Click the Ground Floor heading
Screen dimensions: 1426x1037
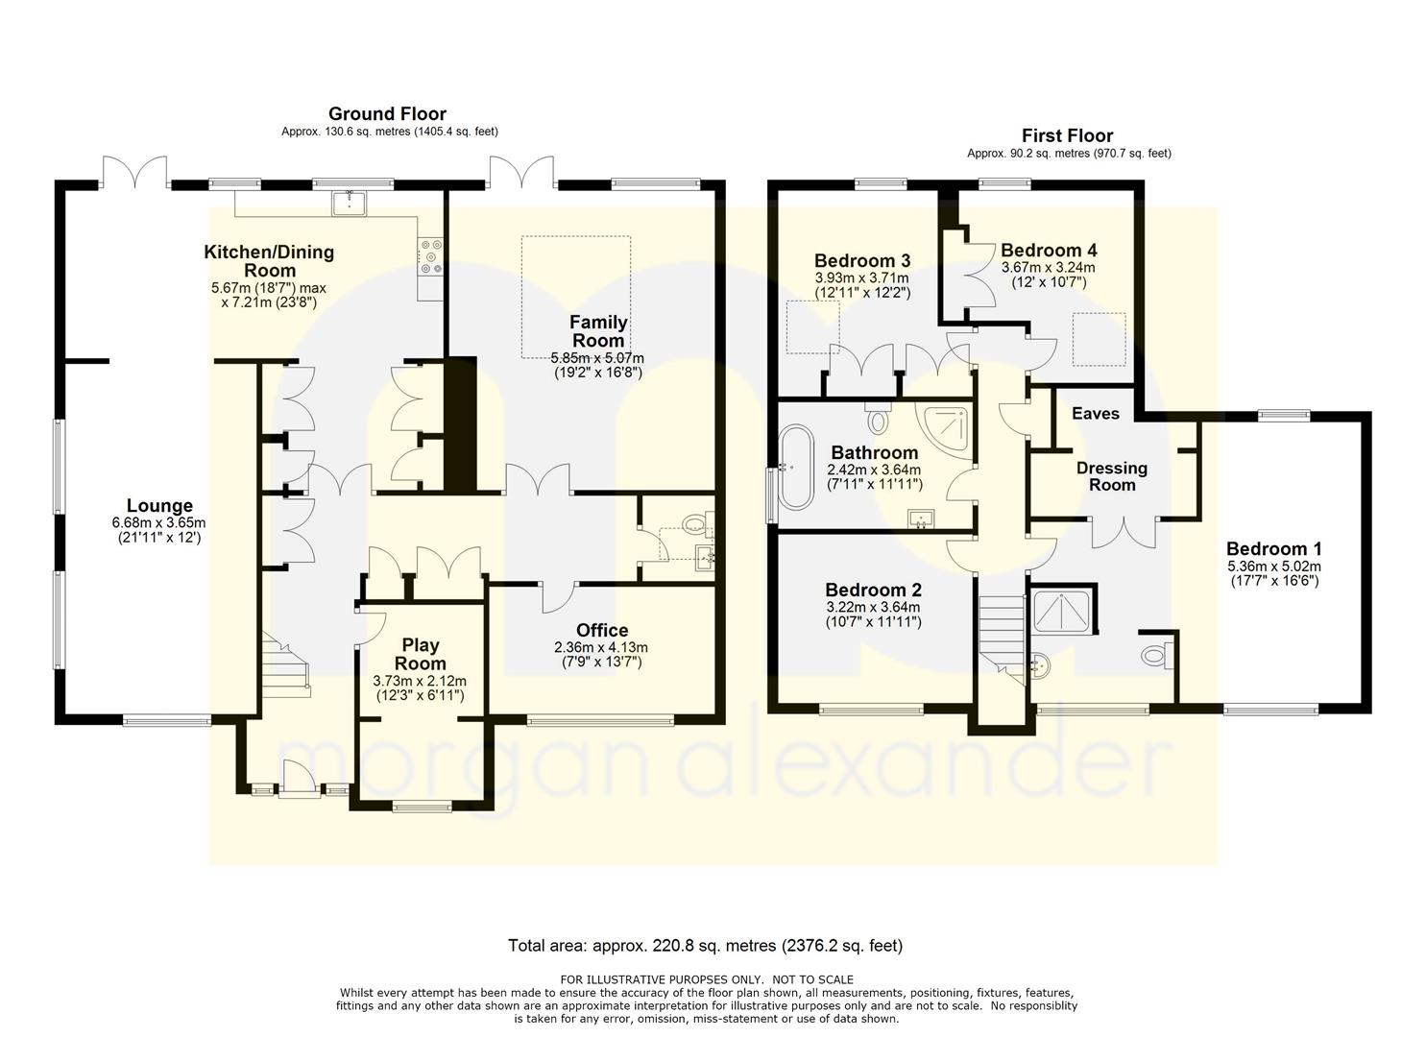pyautogui.click(x=387, y=114)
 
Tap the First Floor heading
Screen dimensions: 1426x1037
pyautogui.click(x=1067, y=135)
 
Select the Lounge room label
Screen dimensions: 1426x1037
pyautogui.click(x=159, y=505)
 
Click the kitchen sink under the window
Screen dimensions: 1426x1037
pyautogui.click(x=349, y=203)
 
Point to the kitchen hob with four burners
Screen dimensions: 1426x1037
pyautogui.click(x=430, y=257)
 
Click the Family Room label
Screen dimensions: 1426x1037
pyautogui.click(x=598, y=331)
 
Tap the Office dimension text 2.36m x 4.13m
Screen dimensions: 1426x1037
pyautogui.click(x=601, y=647)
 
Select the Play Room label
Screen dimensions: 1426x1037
pyautogui.click(x=421, y=654)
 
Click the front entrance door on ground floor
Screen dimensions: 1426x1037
pyautogui.click(x=300, y=778)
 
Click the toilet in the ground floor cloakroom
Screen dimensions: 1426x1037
pyautogui.click(x=697, y=524)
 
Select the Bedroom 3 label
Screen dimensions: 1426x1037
pyautogui.click(x=862, y=260)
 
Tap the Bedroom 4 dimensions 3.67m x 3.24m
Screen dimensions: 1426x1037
pyautogui.click(x=1048, y=268)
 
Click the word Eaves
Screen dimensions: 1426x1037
pyautogui.click(x=1095, y=414)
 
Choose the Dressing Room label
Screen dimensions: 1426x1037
pyautogui.click(x=1112, y=476)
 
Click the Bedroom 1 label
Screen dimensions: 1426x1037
pyautogui.click(x=1274, y=548)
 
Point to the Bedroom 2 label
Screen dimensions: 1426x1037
pyautogui.click(x=874, y=590)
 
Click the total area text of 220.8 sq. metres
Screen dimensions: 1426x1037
pyautogui.click(x=706, y=946)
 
